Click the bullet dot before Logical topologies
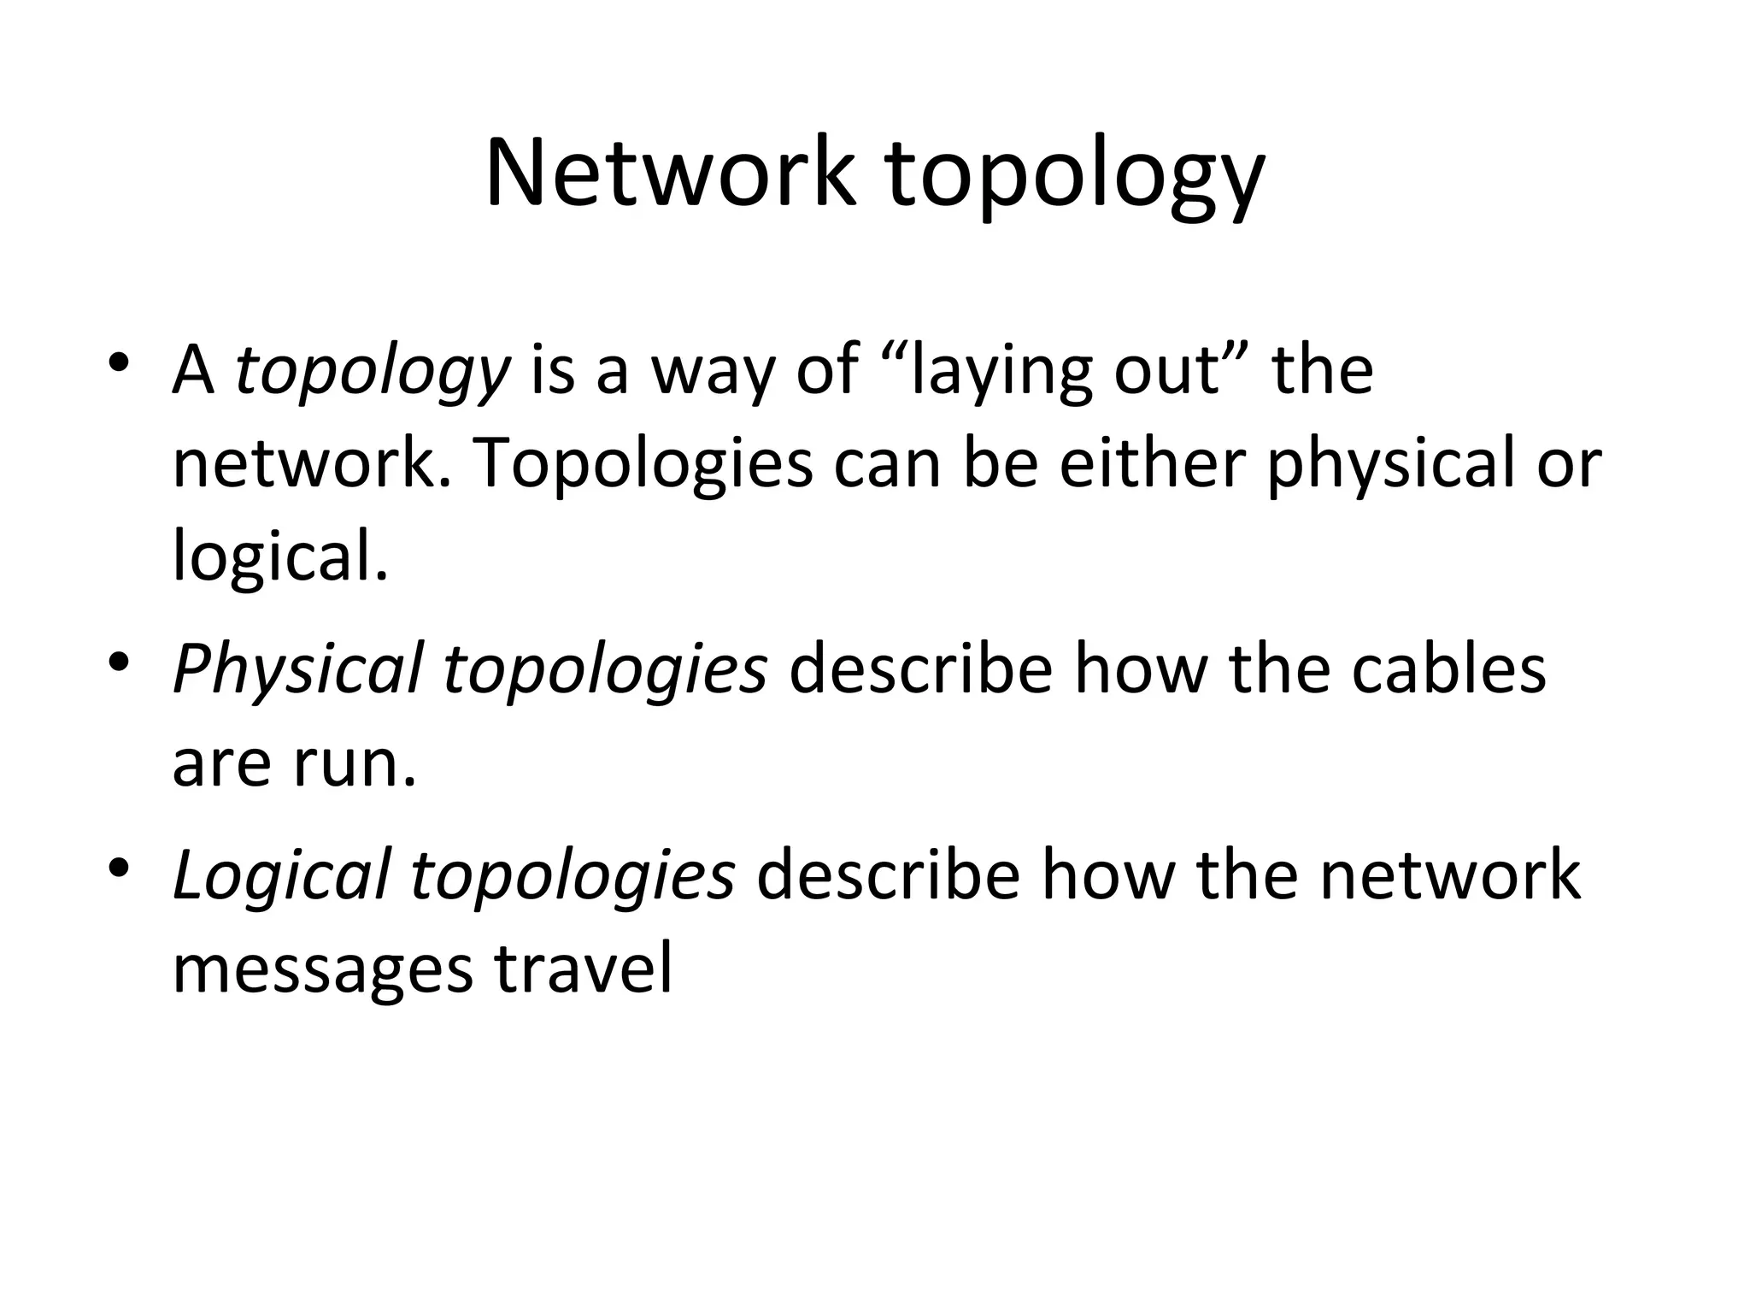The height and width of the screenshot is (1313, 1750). tap(118, 868)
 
